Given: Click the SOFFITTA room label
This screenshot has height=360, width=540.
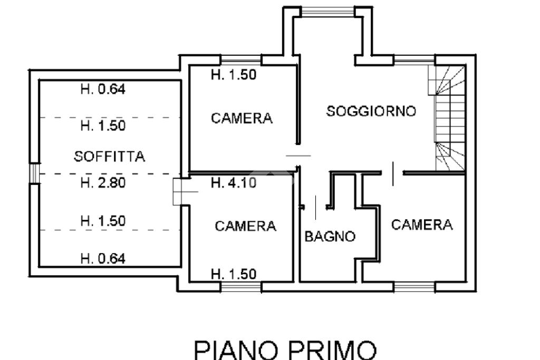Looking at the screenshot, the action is point(110,157).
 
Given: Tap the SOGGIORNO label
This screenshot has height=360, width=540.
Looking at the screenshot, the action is point(371,112).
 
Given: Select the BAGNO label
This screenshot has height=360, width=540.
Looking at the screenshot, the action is point(330,237).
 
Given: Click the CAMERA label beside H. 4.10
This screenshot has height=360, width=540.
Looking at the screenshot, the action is point(245,227).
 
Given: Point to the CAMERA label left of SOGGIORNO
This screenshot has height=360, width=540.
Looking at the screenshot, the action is point(242,118).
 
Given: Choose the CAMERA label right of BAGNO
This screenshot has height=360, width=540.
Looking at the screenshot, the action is point(422,225).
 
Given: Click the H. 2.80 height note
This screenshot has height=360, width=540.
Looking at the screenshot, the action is point(103,183).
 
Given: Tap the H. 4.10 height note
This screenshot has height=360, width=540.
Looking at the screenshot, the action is point(233,183).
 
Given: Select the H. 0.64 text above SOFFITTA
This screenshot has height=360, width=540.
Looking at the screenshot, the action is point(103,89).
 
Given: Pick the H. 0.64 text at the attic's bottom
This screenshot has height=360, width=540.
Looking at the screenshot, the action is point(103,258).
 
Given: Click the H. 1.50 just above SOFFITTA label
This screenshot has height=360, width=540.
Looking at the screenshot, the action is point(103,125).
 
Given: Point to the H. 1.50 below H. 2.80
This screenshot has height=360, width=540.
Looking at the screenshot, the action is point(103,221).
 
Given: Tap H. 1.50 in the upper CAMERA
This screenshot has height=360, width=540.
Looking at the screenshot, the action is point(233,75).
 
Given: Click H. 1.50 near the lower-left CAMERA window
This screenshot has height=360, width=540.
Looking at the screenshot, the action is point(233,274).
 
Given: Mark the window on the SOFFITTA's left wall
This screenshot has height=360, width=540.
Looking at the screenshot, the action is point(34,173).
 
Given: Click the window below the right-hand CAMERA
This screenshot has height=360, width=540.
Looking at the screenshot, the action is point(414,287).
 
